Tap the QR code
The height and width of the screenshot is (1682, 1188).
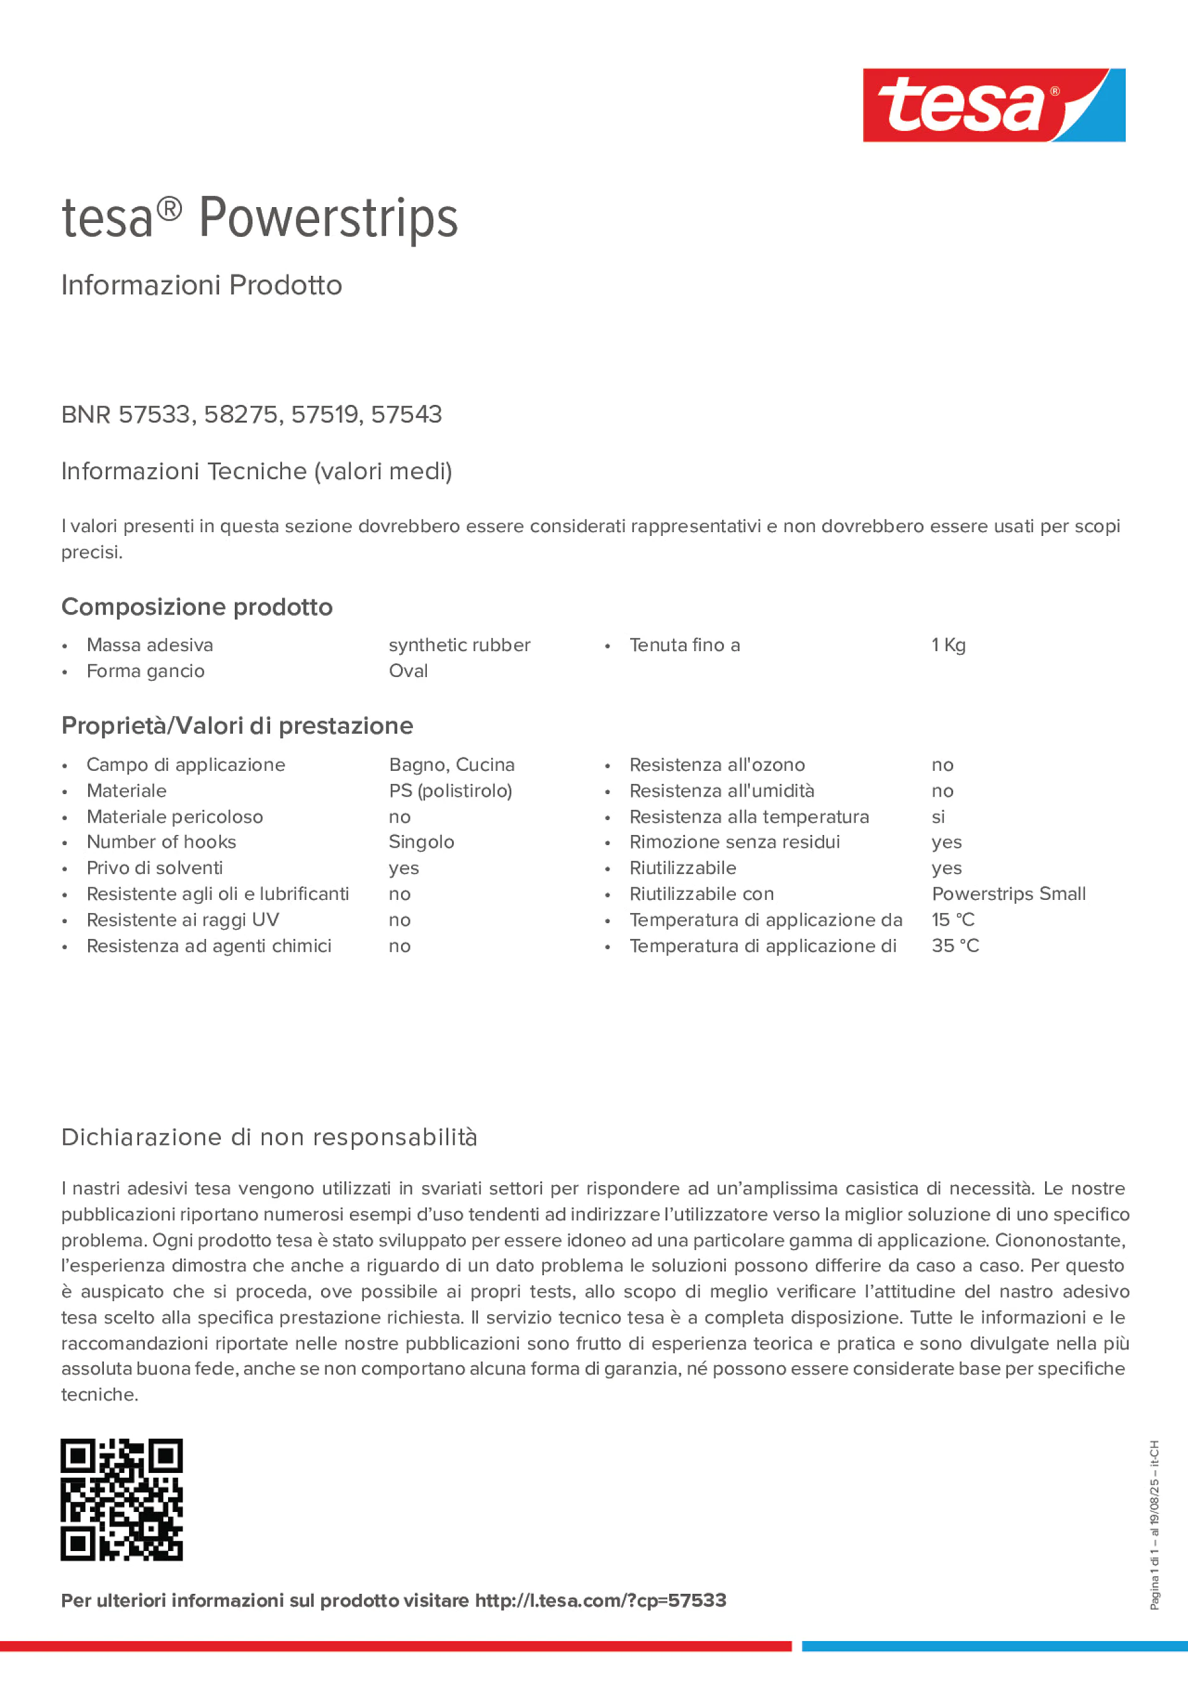(x=122, y=1499)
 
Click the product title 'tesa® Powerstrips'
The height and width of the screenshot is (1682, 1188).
(x=259, y=219)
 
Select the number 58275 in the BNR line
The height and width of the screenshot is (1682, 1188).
(x=242, y=414)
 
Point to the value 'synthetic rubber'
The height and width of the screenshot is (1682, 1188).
(x=459, y=645)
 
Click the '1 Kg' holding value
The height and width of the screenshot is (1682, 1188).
(x=949, y=645)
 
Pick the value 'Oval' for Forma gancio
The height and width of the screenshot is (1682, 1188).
(x=408, y=671)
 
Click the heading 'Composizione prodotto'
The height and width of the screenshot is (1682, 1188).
(x=197, y=607)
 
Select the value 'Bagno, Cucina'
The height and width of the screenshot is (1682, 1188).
(x=451, y=765)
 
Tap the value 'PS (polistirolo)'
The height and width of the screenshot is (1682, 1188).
(x=450, y=791)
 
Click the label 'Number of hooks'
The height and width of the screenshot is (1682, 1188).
(x=161, y=843)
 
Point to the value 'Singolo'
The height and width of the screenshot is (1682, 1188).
(x=421, y=843)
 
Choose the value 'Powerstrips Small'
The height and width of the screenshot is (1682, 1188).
(x=1009, y=894)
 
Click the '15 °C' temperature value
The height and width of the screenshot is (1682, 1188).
(x=953, y=920)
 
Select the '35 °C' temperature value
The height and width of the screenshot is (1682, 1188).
(x=955, y=946)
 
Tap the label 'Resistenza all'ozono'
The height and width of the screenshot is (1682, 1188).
(x=717, y=765)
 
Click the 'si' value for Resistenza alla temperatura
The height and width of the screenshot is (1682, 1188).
(x=938, y=817)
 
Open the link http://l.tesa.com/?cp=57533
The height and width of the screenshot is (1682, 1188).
(x=601, y=1601)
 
